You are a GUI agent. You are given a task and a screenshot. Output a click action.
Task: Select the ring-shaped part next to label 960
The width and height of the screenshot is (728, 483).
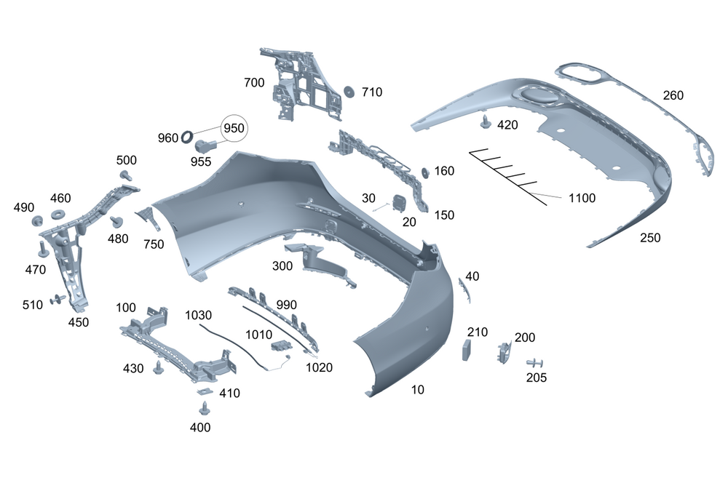(x=188, y=135)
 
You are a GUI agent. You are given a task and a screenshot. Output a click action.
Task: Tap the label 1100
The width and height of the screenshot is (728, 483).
(x=582, y=198)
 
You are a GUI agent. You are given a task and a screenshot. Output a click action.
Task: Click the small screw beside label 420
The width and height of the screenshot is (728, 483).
(x=486, y=121)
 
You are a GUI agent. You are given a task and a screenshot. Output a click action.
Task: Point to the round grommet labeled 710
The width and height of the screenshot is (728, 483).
(x=349, y=91)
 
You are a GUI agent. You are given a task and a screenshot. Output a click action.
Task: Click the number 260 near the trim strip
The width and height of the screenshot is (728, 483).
(x=673, y=95)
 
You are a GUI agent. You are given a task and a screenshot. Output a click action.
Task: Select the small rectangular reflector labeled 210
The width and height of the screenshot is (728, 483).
(x=467, y=349)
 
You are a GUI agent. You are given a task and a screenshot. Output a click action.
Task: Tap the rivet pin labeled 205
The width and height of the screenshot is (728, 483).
(x=536, y=362)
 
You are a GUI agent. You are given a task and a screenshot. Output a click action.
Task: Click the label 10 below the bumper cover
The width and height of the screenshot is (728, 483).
(x=417, y=390)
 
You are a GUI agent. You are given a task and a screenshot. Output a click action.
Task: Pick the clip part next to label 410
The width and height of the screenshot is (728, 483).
(x=204, y=393)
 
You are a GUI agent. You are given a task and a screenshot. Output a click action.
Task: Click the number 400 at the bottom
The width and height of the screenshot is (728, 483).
(x=200, y=428)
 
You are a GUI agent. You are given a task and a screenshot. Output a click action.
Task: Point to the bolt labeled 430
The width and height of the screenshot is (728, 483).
(x=158, y=368)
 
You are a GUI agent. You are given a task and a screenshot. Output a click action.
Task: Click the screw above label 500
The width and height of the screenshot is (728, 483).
(x=126, y=175)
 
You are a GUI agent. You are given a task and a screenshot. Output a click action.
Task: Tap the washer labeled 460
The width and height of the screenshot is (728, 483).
(x=56, y=216)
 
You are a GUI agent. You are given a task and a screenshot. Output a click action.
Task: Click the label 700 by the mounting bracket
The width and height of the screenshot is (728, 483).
(x=254, y=83)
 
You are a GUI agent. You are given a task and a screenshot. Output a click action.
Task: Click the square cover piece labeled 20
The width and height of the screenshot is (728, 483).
(x=398, y=201)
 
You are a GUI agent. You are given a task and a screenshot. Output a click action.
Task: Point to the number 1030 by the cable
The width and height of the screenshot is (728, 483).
(x=199, y=316)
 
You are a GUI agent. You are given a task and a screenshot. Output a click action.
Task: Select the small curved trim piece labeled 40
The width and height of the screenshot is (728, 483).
(x=463, y=289)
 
